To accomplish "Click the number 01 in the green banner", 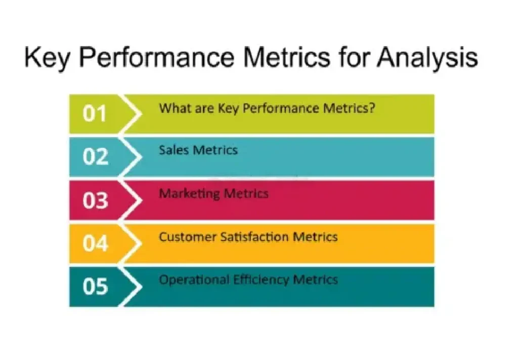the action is [95, 113].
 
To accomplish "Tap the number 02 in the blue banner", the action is [96, 156].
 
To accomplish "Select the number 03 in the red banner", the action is [96, 200].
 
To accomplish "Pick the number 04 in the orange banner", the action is [96, 244].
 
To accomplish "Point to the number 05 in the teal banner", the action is [96, 286].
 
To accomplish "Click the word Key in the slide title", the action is [47, 58].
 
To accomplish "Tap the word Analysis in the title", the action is [427, 58].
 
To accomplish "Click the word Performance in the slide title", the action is [157, 58].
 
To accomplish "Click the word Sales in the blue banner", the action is [174, 150].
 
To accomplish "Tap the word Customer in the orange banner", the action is [187, 237].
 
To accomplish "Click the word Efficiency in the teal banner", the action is [262, 280].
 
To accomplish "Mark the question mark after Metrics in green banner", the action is [372, 108].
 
